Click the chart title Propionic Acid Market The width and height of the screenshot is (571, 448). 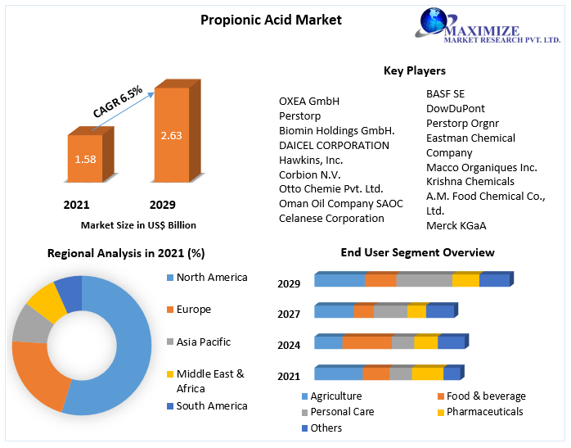[x=271, y=20]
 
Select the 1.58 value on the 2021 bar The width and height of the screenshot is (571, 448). [x=84, y=160]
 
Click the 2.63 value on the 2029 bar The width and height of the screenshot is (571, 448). [x=171, y=135]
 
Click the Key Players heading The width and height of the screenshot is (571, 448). [x=414, y=70]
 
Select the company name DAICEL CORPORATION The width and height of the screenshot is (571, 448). [x=334, y=145]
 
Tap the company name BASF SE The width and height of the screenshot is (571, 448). [x=445, y=93]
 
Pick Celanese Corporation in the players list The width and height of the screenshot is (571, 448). [x=331, y=219]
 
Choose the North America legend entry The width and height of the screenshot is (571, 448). [x=211, y=278]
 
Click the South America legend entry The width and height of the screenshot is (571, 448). [x=211, y=406]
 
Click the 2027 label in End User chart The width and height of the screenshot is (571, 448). [x=289, y=314]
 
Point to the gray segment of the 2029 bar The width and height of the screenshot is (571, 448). [x=424, y=280]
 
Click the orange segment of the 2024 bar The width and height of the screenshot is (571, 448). [x=366, y=342]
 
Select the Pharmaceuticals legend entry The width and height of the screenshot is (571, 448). [x=484, y=411]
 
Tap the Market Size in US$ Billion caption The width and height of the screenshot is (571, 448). [x=138, y=225]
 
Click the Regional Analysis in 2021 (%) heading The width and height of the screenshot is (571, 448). [x=126, y=253]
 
